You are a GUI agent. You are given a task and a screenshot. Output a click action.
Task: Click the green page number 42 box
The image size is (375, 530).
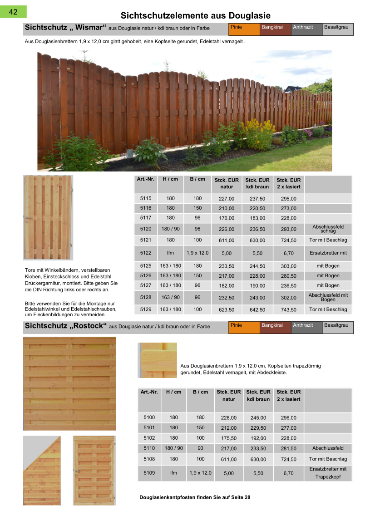(14, 12)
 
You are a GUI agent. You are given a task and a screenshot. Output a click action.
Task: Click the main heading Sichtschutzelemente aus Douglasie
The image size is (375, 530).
(195, 16)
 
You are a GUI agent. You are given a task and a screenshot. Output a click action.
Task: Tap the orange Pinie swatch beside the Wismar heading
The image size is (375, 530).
(244, 29)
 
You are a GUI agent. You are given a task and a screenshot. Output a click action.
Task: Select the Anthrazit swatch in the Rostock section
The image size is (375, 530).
(306, 327)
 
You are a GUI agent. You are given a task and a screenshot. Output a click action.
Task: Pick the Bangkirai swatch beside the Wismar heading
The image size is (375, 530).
(275, 29)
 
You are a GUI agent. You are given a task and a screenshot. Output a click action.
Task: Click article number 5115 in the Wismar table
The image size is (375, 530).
(146, 198)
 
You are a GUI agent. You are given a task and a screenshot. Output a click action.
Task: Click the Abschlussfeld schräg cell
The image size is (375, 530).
(328, 229)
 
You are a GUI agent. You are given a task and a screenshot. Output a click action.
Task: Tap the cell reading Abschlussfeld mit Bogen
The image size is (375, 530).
(328, 297)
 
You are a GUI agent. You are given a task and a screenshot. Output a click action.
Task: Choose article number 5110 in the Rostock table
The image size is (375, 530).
(149, 448)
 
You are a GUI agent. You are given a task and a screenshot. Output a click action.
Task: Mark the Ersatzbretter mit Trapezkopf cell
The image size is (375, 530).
(328, 473)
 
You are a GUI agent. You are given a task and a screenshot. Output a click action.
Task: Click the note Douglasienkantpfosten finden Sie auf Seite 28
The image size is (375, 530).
(195, 497)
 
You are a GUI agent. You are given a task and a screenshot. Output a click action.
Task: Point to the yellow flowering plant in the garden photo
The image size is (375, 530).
(260, 134)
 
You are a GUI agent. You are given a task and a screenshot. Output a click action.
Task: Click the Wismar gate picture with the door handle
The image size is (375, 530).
(48, 217)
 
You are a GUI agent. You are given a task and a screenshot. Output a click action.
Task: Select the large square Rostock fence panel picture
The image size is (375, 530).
(69, 383)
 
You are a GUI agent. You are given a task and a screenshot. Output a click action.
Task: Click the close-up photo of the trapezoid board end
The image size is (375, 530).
(157, 360)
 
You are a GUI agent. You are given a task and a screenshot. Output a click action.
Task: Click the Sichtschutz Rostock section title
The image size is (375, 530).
(66, 326)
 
